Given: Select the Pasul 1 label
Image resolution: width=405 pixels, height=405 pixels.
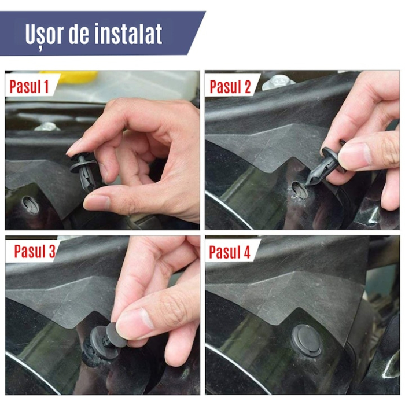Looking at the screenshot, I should (x=29, y=87).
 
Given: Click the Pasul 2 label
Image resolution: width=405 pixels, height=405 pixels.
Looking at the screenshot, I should (x=230, y=87).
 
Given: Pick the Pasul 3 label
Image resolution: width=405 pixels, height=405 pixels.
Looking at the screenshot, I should (x=35, y=252).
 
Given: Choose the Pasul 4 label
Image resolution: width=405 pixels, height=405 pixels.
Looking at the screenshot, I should (x=230, y=252).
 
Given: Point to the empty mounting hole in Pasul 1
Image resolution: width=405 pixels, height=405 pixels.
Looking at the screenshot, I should (x=31, y=204).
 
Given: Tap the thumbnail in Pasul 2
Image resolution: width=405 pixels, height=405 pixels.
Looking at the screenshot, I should (x=355, y=155).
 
